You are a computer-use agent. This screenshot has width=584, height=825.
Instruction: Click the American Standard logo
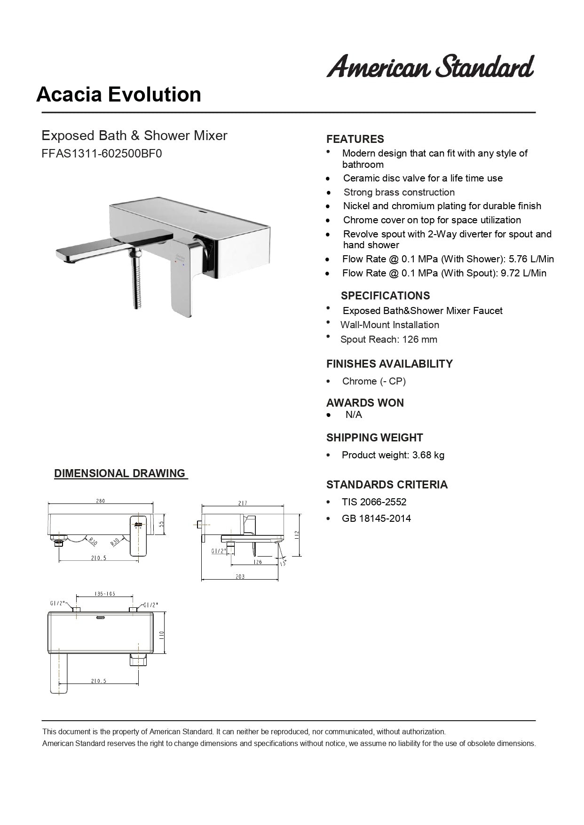tap(430, 66)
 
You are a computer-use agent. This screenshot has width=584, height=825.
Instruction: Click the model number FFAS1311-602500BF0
tap(102, 154)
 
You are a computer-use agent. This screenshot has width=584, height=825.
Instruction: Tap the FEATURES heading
tap(355, 139)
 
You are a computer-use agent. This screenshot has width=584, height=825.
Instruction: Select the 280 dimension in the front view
tap(101, 501)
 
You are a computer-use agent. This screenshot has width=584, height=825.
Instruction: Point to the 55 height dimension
tap(161, 524)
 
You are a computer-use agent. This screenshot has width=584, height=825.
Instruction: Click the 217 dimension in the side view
tap(243, 503)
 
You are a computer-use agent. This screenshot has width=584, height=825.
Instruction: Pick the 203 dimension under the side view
tap(240, 576)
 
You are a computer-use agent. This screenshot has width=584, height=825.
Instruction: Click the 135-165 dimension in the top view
tap(104, 594)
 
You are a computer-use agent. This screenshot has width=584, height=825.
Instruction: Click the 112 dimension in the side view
tap(297, 535)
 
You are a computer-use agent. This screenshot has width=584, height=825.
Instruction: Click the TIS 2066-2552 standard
tap(374, 502)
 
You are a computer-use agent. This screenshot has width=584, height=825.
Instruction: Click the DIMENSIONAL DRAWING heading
tap(120, 473)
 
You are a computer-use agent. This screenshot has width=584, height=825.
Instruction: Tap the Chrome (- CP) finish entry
tap(374, 381)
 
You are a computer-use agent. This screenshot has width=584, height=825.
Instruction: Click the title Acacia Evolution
tap(118, 94)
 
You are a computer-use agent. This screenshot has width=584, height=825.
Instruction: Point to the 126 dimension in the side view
tap(257, 562)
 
